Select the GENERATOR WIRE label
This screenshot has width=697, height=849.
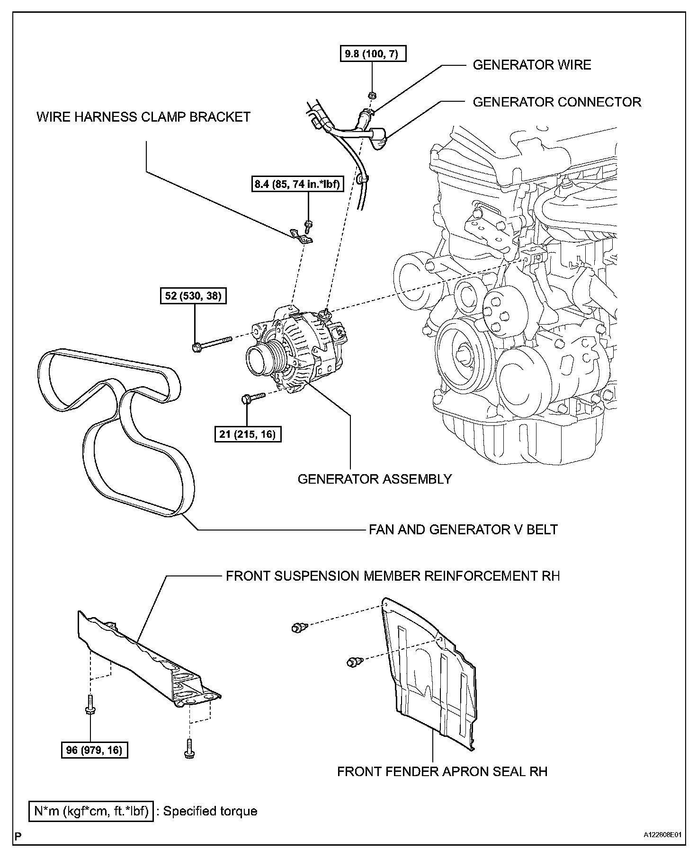(x=532, y=65)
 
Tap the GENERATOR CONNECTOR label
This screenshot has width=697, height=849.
(x=557, y=102)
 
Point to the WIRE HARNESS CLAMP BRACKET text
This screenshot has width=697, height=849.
(x=143, y=117)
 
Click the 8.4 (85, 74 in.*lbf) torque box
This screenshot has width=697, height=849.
(x=297, y=184)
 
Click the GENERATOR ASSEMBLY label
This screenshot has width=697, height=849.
(x=375, y=479)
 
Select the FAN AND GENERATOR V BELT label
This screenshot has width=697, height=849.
(x=463, y=529)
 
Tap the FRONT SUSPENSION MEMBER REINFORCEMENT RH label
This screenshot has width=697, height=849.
(x=393, y=576)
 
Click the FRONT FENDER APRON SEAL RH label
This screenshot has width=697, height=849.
(x=442, y=771)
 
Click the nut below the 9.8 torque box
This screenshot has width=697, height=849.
(x=372, y=95)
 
